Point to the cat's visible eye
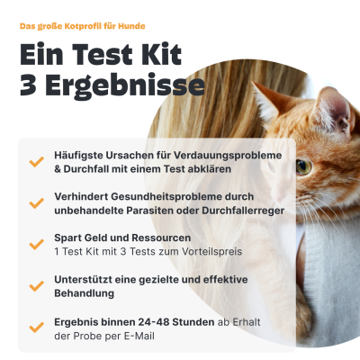click(303, 166)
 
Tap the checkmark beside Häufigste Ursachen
click(36, 163)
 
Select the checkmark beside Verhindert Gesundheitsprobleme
click(36, 202)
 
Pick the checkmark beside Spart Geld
click(36, 244)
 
